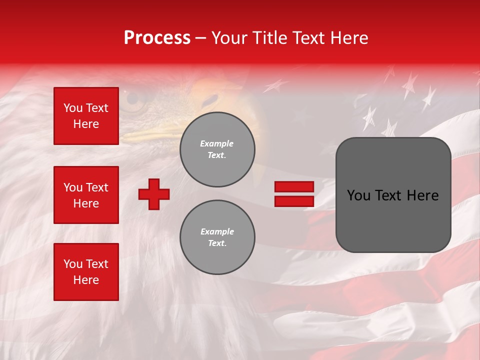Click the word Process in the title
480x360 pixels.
point(157,38)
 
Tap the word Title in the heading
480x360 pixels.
point(269,38)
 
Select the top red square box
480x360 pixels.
point(86,116)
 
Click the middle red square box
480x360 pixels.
point(86,195)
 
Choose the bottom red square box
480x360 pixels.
point(86,272)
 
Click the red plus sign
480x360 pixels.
point(154,194)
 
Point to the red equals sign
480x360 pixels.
point(294,194)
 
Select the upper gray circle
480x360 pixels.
point(217,149)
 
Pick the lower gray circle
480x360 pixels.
point(217,237)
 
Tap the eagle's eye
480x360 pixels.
point(134,100)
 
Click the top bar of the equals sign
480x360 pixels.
point(294,187)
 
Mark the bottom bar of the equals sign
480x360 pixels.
point(294,201)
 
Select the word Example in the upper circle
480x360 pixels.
point(217,143)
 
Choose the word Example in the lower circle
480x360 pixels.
point(217,231)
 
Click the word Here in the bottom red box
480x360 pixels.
point(86,280)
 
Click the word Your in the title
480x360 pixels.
point(229,38)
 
